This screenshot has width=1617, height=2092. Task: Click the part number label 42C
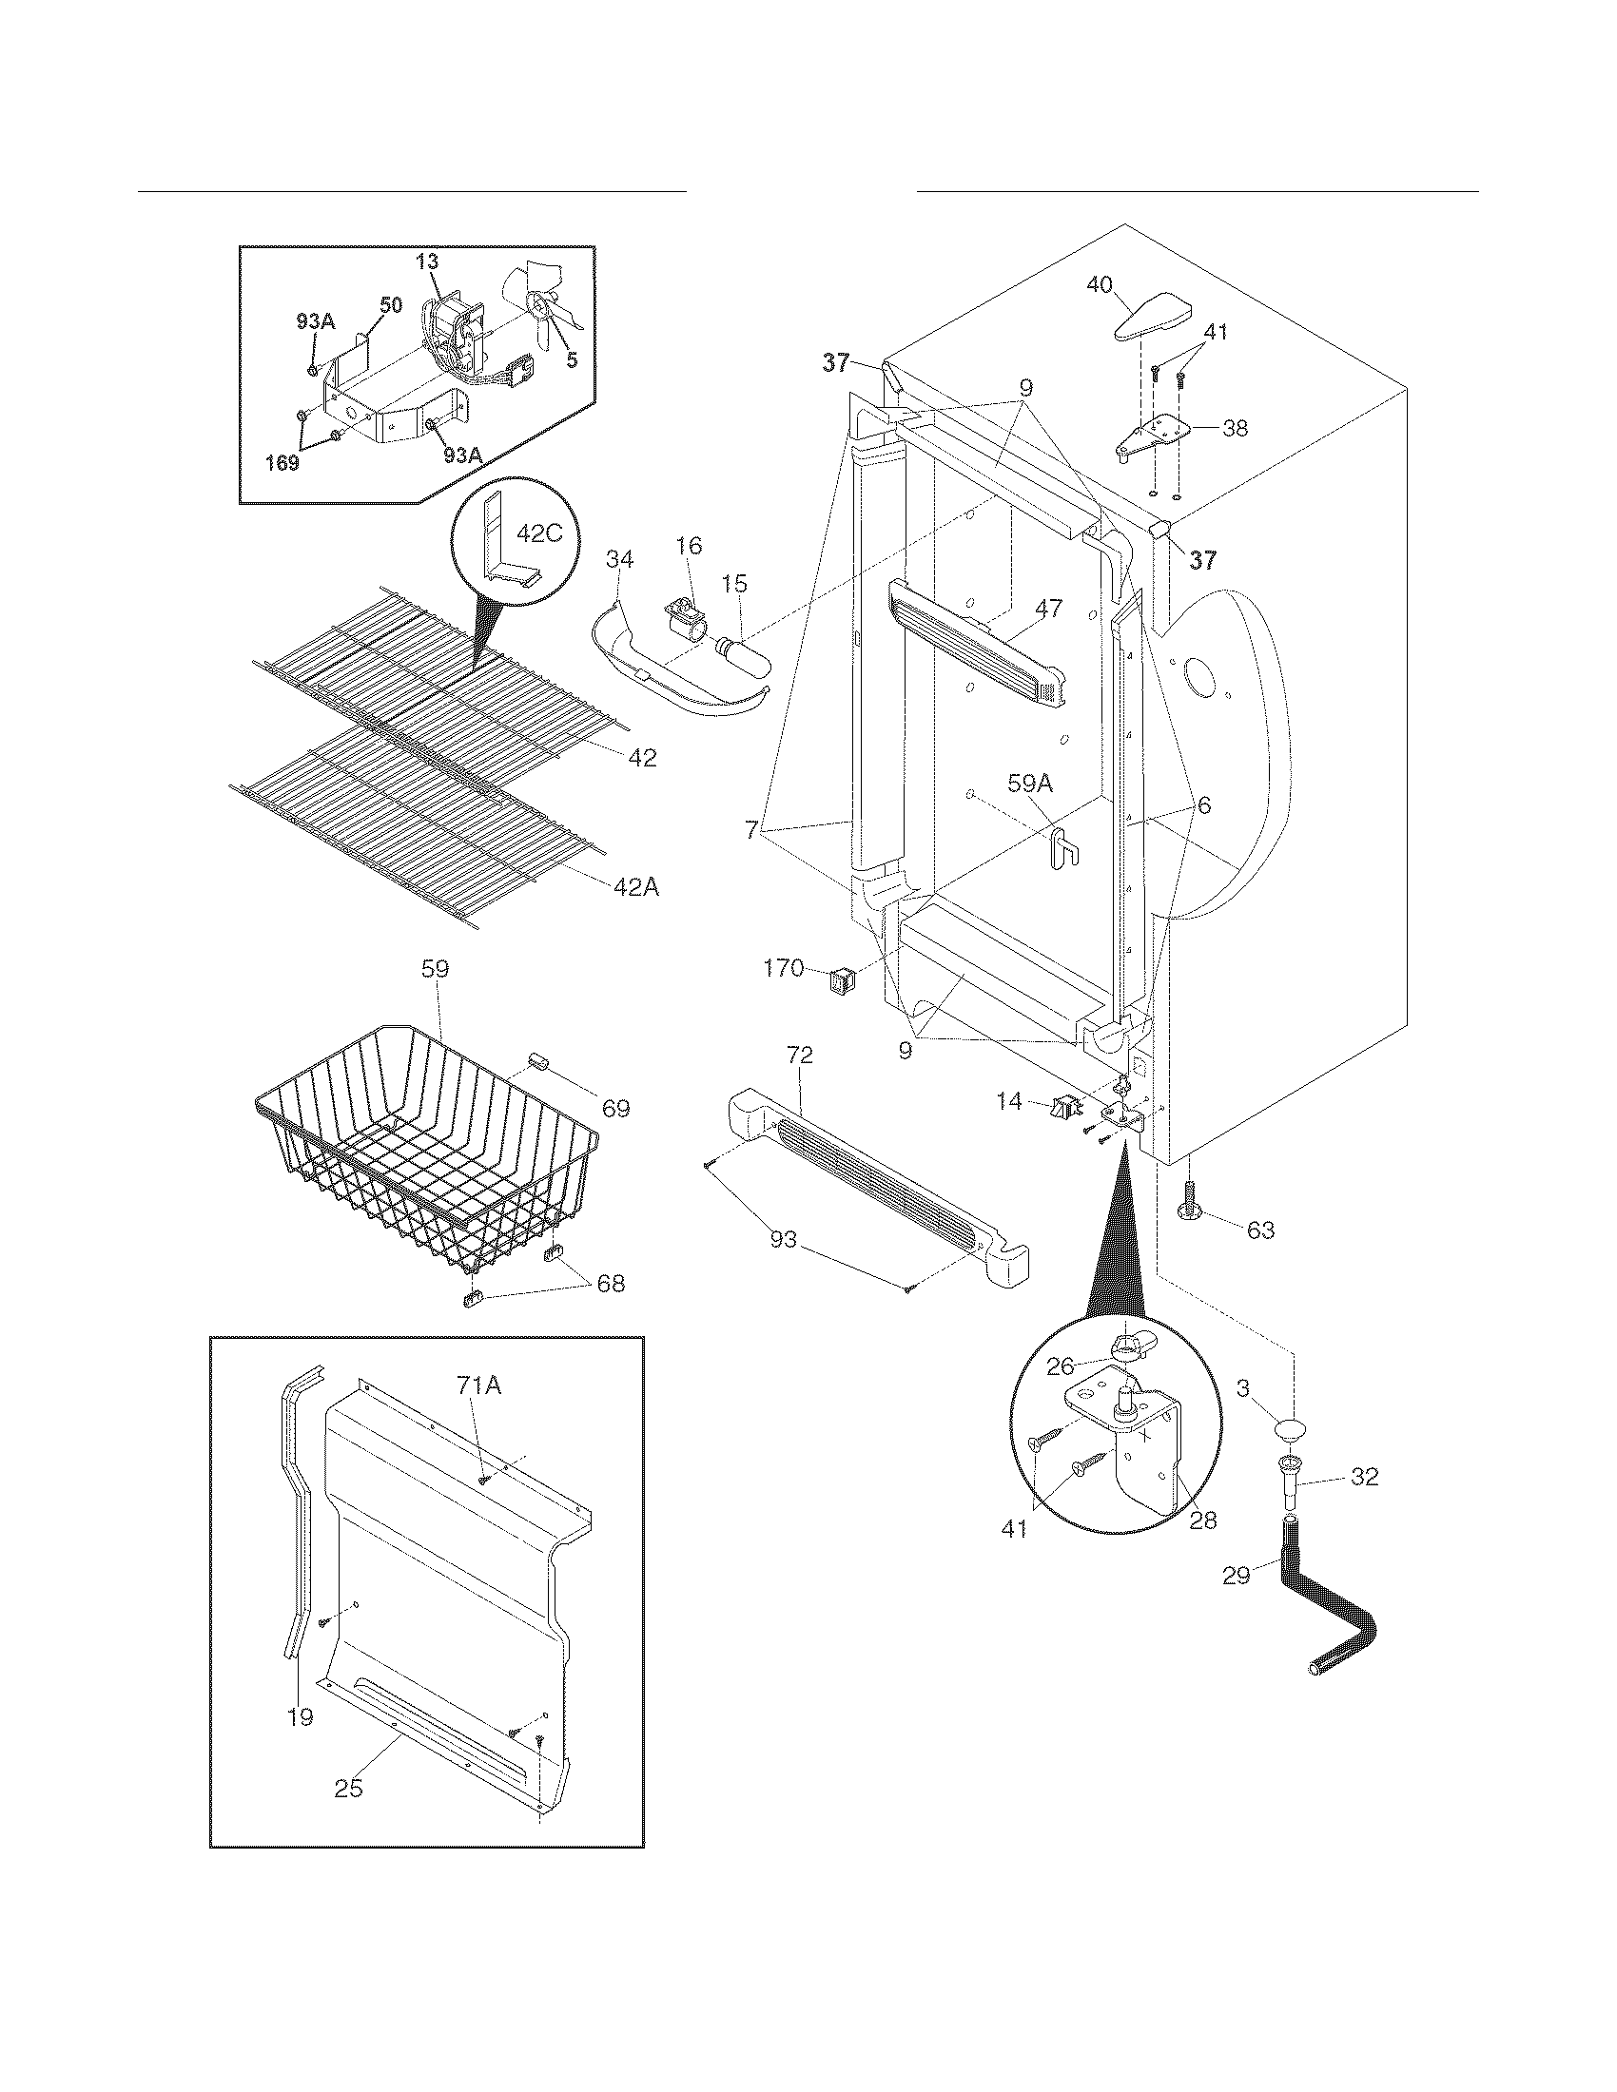coord(539,533)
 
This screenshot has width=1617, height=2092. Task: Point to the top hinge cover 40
coord(1156,317)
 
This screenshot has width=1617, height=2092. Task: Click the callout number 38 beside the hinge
coord(1236,428)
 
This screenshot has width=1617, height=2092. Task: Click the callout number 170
coord(783,968)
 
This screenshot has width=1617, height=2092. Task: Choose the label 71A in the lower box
coord(479,1385)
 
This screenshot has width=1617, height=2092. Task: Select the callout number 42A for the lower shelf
coord(636,888)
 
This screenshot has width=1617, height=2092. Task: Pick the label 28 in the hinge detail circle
coord(1202,1521)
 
